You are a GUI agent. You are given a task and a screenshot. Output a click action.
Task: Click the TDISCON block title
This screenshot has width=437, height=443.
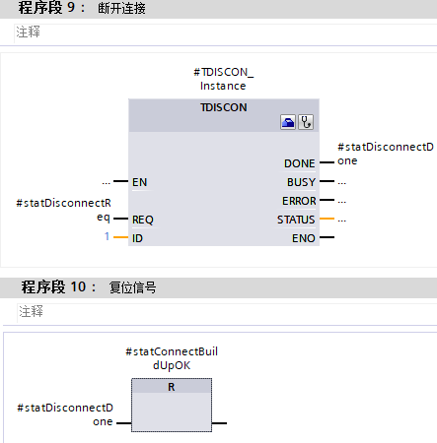[x=223, y=106]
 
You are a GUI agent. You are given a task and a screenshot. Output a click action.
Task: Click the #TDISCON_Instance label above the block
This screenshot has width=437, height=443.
[x=223, y=79]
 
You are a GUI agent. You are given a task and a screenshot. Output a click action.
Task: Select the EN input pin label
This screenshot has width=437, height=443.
[x=139, y=182]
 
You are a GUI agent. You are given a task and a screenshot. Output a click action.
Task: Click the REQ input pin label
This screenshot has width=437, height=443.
[x=143, y=220]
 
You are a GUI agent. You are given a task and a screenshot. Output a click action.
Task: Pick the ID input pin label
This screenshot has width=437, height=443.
[x=137, y=238]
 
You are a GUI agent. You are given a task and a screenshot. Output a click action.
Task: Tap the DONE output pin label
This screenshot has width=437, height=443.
[x=299, y=163]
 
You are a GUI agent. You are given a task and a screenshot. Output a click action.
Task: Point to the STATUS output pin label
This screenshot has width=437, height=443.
[x=296, y=220]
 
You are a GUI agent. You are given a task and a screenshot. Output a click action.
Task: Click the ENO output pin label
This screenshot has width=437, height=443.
[x=303, y=238]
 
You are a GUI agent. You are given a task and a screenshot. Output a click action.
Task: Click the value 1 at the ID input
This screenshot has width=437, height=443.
[x=108, y=238]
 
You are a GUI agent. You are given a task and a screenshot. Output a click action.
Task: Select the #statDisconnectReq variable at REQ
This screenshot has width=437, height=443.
[x=64, y=210]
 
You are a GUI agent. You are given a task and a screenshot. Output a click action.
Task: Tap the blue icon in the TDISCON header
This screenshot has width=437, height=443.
[x=288, y=123]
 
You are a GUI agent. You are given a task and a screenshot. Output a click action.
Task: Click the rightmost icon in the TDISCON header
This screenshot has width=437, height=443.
[x=306, y=123]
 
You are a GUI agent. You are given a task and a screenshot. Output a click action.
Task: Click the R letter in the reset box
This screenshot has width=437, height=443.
[x=172, y=387]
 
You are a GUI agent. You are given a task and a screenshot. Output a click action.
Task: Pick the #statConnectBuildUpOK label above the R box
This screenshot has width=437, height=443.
[x=172, y=358]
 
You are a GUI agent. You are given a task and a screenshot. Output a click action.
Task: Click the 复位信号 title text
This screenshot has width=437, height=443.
[x=133, y=288]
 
